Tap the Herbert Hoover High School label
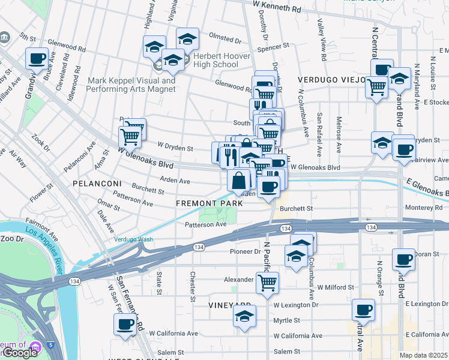coord(211,60)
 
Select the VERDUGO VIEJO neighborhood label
coord(332,79)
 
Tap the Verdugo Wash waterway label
coord(133,239)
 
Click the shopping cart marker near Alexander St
coord(267,281)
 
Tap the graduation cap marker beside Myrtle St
coord(244,316)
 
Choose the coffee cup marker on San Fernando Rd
coord(125,324)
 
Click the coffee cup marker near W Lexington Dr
coord(363,310)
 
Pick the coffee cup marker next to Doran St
coord(404,259)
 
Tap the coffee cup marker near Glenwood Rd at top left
coord(37,58)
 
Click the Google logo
coord(19,353)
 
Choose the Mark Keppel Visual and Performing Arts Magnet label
coord(131,85)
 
